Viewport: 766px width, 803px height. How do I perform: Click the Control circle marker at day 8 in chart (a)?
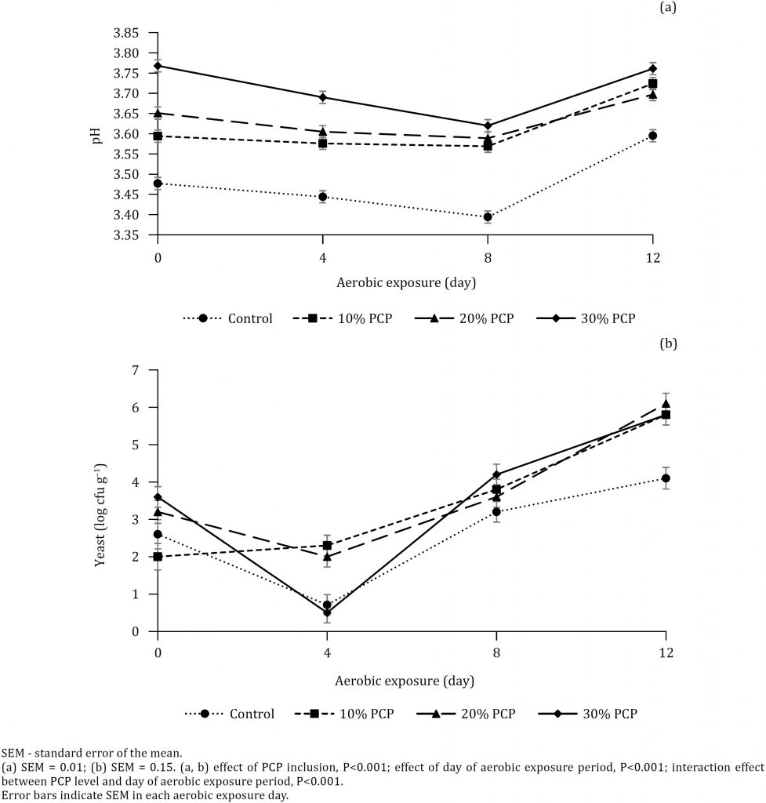click(x=488, y=217)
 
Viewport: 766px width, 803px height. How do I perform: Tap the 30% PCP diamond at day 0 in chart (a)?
click(x=158, y=66)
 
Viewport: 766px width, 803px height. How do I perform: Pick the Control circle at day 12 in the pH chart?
click(x=652, y=136)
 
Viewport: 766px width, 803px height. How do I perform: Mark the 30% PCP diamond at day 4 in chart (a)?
click(x=323, y=97)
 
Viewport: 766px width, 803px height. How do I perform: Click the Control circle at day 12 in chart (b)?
click(x=666, y=478)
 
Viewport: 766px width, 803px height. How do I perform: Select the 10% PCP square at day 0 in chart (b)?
click(x=158, y=557)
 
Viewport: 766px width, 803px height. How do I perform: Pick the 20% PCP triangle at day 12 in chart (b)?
click(x=666, y=404)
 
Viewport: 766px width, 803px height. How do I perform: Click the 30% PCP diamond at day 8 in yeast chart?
click(x=496, y=474)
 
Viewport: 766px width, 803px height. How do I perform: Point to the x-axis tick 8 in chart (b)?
click(x=496, y=653)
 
